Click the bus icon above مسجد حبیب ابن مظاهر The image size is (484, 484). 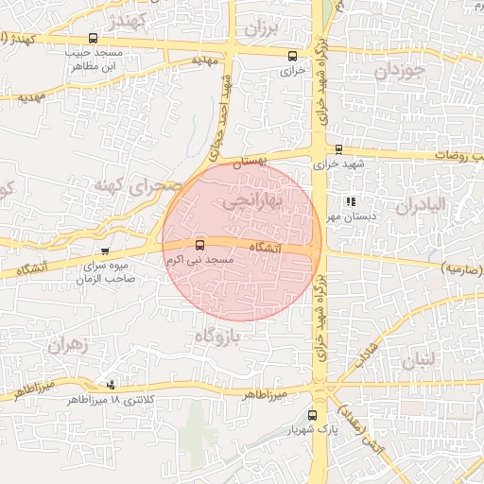(93, 39)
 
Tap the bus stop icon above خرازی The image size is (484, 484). (292, 55)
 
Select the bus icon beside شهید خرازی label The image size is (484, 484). (339, 148)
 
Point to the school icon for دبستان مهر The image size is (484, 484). (351, 201)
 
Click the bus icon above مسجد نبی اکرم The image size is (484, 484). (199, 245)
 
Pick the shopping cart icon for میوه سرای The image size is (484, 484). (105, 251)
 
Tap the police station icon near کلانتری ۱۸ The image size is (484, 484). (112, 385)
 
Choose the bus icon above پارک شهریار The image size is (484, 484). (313, 414)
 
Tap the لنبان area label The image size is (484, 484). (422, 359)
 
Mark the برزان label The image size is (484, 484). (266, 29)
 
